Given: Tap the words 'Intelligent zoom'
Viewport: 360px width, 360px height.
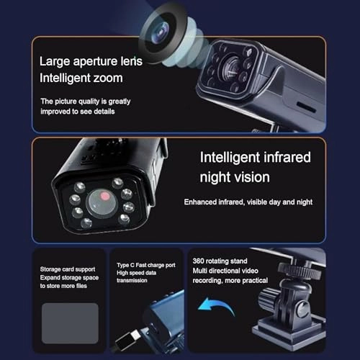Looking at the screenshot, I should click(x=82, y=78).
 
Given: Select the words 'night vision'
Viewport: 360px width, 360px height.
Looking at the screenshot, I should click(x=235, y=176).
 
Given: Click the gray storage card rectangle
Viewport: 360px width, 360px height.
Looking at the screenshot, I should click(x=70, y=323).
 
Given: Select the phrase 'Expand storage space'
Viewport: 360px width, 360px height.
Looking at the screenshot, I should click(x=70, y=277).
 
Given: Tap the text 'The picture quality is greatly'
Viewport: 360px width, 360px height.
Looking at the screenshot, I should click(x=85, y=102).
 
